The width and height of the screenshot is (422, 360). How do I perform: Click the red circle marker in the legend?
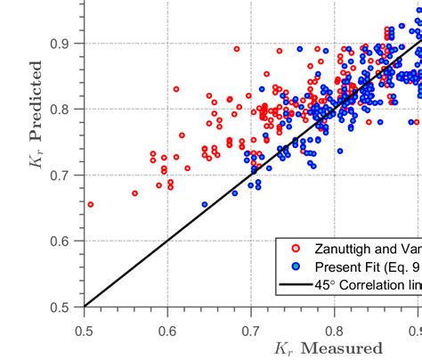[296, 248]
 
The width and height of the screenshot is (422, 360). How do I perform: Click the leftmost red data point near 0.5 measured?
[90, 204]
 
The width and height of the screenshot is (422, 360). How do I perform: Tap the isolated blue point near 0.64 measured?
[205, 204]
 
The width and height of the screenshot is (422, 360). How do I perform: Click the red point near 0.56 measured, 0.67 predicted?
[134, 192]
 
